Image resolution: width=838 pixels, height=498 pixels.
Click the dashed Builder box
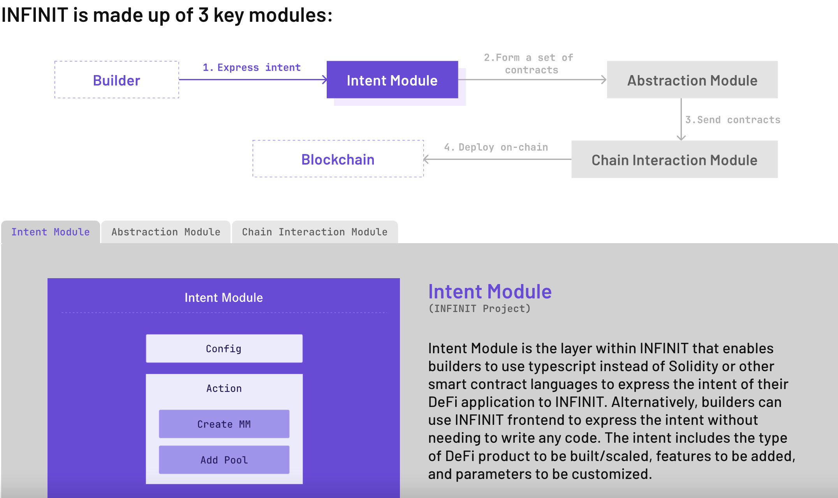point(116,80)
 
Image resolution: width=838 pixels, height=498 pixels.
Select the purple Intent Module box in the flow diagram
point(392,80)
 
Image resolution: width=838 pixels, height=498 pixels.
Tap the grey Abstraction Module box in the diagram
point(692,80)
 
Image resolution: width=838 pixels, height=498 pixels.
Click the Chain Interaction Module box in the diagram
point(674,160)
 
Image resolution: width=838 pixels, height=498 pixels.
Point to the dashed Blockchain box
point(338,159)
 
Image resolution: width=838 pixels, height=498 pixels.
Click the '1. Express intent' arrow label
point(252,67)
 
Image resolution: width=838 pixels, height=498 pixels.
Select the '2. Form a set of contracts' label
point(529,64)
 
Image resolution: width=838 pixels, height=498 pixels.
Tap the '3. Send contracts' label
point(732,120)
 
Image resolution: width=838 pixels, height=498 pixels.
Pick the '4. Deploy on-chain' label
point(496,147)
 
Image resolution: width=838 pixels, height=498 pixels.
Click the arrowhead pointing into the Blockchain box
point(426,159)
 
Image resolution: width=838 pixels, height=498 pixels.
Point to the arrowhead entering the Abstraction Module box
point(604,80)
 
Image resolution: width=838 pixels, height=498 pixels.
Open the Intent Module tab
point(50,232)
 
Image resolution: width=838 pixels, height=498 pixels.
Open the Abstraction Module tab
point(166,232)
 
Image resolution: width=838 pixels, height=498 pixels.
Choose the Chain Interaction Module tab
point(315,232)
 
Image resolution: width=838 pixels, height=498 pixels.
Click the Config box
point(224,349)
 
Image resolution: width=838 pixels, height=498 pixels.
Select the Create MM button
point(224,424)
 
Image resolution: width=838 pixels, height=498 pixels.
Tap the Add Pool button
point(224,460)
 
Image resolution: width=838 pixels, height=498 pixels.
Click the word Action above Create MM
point(224,388)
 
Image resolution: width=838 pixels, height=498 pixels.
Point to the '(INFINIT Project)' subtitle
point(479,309)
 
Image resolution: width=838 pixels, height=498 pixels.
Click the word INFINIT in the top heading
point(35,16)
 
